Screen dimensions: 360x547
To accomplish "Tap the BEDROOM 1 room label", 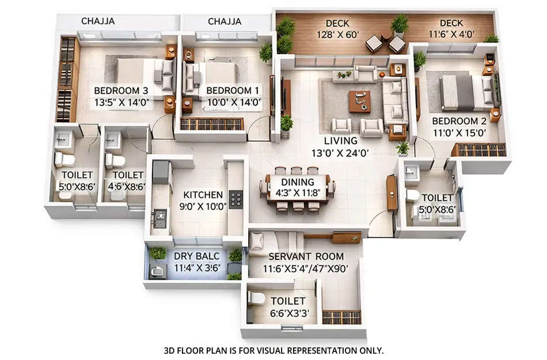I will coord(233,90).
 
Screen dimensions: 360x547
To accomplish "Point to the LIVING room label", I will coord(340,141).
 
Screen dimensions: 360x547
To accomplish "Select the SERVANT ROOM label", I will coord(306,256).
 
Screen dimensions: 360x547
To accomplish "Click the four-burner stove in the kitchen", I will coord(236,199).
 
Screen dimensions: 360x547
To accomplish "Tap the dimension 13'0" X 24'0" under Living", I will coord(340,153).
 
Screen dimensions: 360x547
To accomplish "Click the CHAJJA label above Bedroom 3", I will coord(98,21).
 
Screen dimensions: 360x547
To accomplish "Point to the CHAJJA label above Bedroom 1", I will coord(225,21).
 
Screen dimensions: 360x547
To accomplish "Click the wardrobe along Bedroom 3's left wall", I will coord(67,79).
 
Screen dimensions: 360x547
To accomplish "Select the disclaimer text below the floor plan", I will coord(273,350).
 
